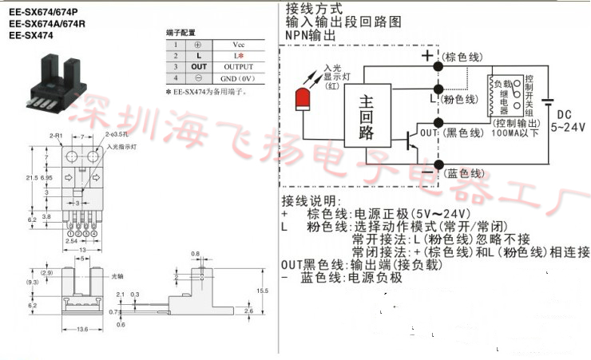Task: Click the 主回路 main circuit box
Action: pos(367,118)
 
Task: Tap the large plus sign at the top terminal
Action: pos(429,55)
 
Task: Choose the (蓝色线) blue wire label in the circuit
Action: pos(463,172)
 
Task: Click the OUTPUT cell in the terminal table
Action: pos(238,66)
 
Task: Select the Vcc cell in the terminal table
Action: pos(238,45)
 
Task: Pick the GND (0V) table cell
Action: pos(238,78)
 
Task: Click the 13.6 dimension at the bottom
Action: pos(82,330)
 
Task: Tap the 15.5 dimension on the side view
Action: pos(261,290)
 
